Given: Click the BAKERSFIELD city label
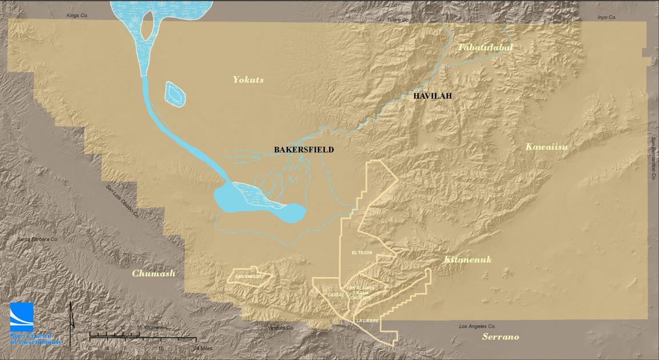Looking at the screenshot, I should tap(303, 150).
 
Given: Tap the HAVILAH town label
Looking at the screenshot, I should tap(432, 96).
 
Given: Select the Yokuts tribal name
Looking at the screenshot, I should tap(248, 79).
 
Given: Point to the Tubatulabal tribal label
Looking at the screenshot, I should tap(485, 47).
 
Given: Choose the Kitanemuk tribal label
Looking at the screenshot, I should tap(468, 260).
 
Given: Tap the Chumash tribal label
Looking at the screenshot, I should tap(154, 273).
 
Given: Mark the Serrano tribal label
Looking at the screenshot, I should tap(500, 337).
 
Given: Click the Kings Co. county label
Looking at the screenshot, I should tap(77, 15).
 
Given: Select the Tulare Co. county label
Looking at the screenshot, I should tap(398, 19).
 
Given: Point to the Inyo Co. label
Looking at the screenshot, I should tap(606, 17).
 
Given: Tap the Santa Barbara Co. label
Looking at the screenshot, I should tap(38, 239).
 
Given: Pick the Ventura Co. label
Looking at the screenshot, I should tap(280, 328).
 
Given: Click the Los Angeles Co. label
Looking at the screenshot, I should tap(478, 326).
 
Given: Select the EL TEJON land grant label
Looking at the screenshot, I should tap(362, 253).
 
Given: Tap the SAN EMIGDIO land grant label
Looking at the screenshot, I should tap(249, 277).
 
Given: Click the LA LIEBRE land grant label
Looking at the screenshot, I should tap(367, 321).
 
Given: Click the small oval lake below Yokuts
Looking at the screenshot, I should tap(175, 94).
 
